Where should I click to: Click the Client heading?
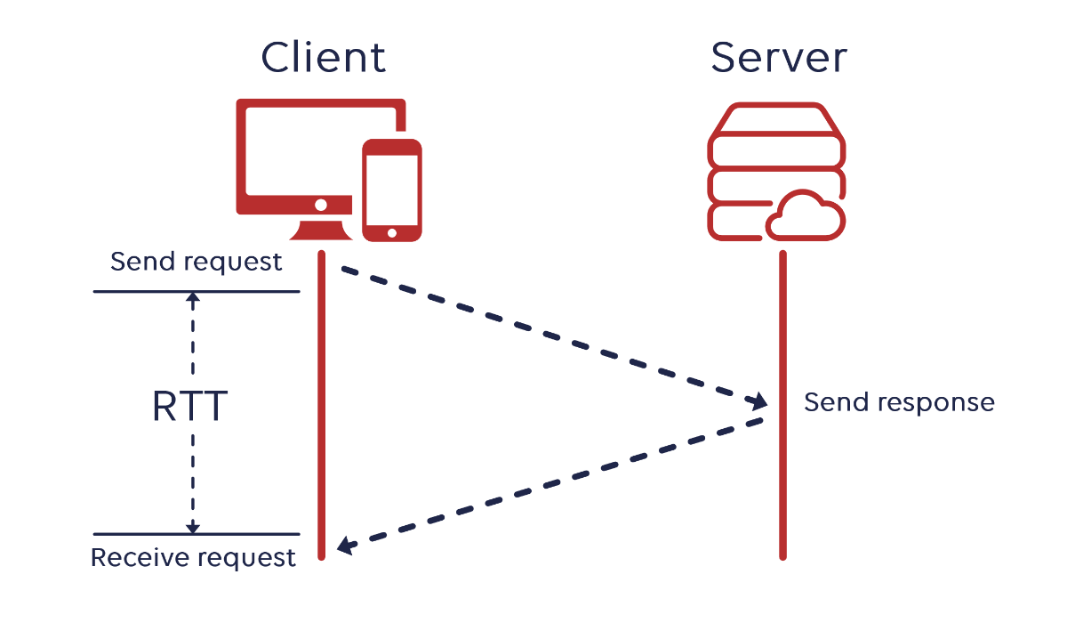324,58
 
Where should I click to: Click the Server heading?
779,58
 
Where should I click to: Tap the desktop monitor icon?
302,156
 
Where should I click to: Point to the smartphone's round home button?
392,232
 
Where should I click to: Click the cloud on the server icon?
804,218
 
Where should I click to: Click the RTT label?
190,407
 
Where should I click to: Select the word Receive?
140,558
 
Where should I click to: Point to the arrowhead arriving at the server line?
761,400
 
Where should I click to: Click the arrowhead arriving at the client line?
345,546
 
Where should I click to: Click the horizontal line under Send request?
197,291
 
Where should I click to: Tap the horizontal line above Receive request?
197,534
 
